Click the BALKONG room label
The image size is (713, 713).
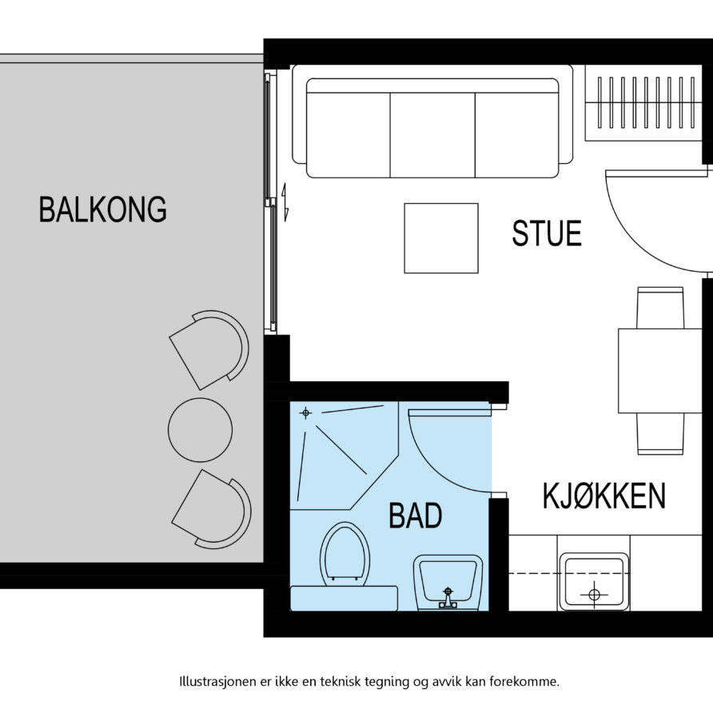click(103, 209)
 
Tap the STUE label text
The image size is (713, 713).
click(547, 233)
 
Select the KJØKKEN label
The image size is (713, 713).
click(603, 496)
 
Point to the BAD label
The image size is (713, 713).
click(416, 516)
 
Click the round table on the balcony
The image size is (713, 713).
click(200, 430)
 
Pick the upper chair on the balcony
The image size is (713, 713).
click(209, 349)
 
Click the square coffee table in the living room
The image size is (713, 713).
click(441, 238)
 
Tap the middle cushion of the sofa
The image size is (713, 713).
click(432, 135)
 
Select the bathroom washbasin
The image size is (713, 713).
click(448, 583)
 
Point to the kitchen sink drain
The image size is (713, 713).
click(594, 594)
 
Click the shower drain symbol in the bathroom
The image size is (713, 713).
click(305, 413)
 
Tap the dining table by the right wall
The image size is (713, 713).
click(660, 371)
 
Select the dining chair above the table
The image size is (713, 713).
click(660, 308)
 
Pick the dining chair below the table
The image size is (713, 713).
click(660, 433)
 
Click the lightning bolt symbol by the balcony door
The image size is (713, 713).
click(285, 202)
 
